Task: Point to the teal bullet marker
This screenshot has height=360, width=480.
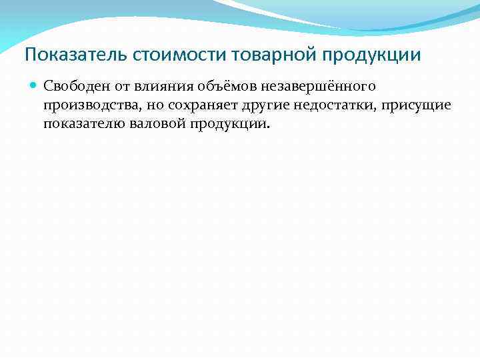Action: (x=33, y=85)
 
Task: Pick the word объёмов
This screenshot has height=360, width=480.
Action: (x=215, y=85)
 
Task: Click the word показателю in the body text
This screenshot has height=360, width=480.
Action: (x=83, y=125)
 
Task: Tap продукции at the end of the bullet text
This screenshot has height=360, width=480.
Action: (x=227, y=125)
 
